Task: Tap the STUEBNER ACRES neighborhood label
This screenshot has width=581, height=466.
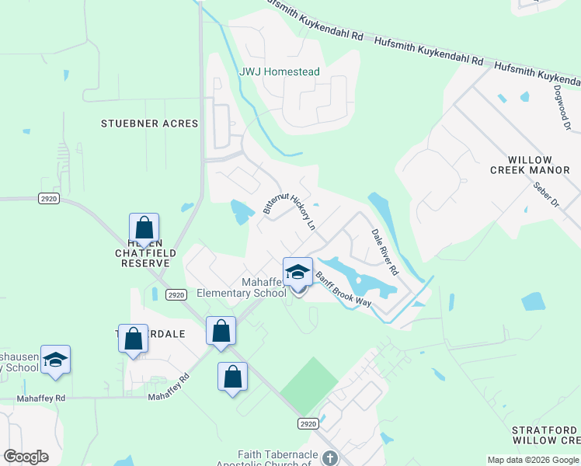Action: point(150,123)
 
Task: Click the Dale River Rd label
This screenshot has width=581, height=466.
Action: point(384,252)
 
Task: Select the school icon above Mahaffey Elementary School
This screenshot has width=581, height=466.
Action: point(297,272)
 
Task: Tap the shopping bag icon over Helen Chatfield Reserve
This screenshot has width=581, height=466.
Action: point(144,228)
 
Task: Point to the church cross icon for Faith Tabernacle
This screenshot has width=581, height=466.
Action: point(329,457)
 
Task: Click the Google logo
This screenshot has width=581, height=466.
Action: point(26,457)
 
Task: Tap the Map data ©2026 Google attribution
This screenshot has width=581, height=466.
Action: point(532,459)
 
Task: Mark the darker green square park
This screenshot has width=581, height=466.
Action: point(308,385)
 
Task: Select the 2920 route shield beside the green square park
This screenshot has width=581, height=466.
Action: point(308,423)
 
